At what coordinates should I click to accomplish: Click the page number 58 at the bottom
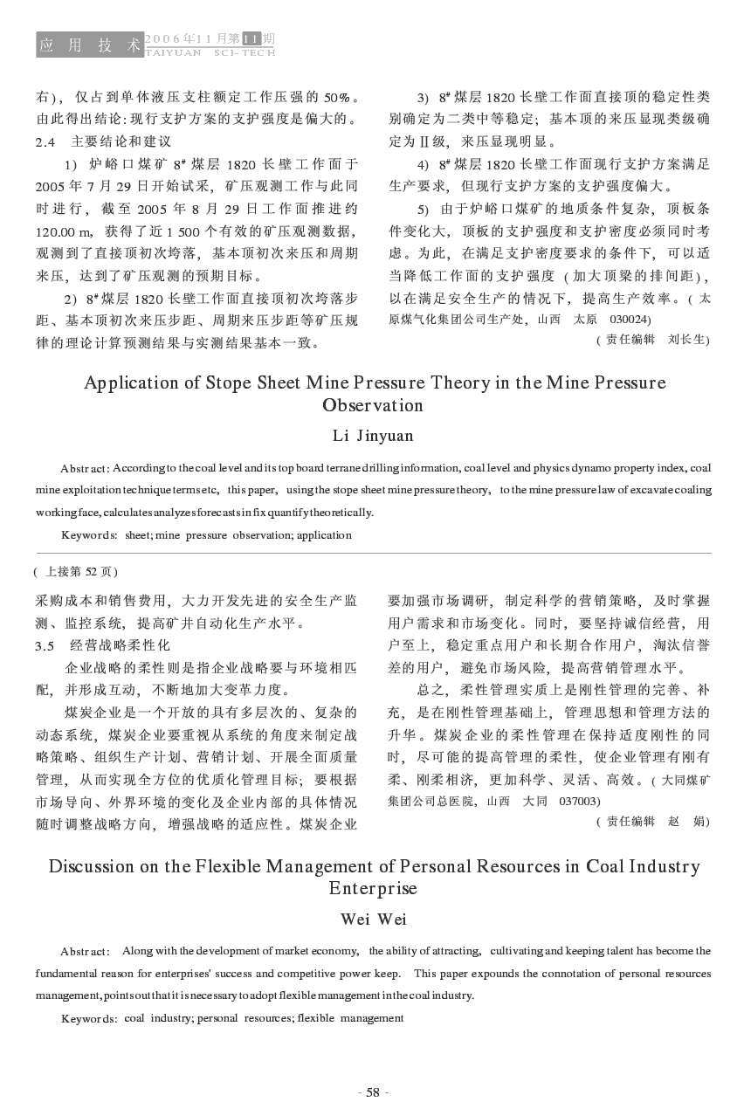pos(373,1092)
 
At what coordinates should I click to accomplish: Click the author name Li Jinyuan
pos(373,435)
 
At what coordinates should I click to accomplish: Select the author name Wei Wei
pos(373,919)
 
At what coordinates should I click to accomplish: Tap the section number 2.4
pos(45,141)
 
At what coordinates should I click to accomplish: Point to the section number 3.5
pos(45,645)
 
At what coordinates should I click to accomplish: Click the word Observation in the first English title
pos(373,405)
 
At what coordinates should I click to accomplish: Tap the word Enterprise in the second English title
pos(373,888)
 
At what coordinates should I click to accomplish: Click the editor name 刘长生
pos(685,339)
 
